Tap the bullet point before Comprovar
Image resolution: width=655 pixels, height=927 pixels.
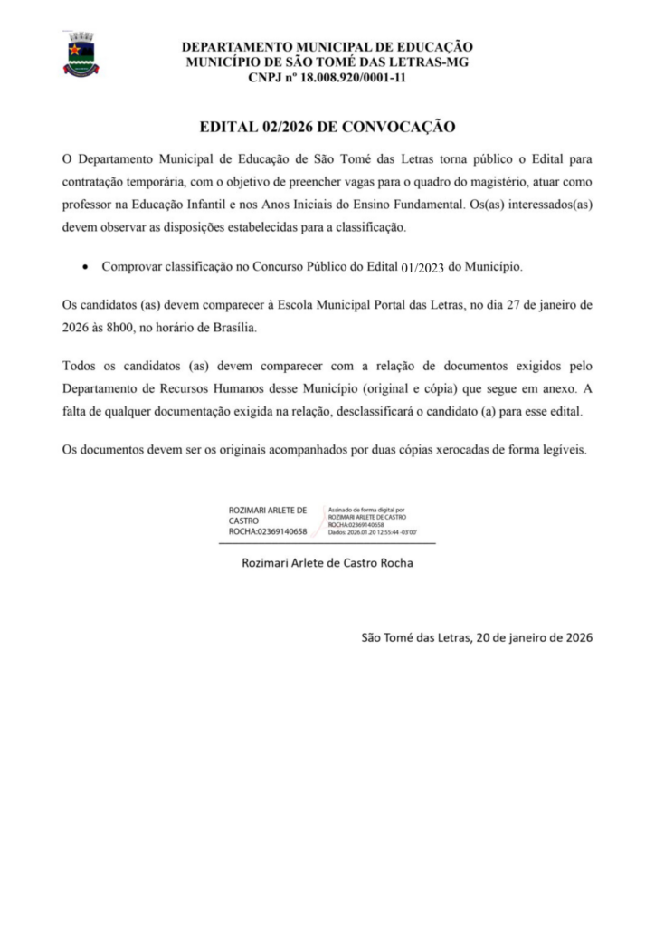pos(84,268)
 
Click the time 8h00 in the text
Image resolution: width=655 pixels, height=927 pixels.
pos(116,328)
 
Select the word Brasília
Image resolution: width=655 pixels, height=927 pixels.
pos(232,328)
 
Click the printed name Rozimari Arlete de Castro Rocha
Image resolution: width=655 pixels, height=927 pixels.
pos(327,563)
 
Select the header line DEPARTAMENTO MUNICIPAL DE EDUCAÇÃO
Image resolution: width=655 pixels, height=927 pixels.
pos(327,46)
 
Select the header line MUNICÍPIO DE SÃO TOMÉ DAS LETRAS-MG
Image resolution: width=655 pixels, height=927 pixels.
pos(327,62)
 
